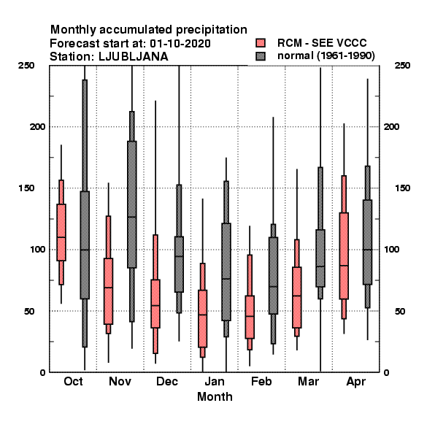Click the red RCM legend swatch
pyautogui.click(x=261, y=43)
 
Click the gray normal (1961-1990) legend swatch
pyautogui.click(x=261, y=56)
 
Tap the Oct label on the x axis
pyautogui.click(x=73, y=381)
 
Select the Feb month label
pyautogui.click(x=261, y=381)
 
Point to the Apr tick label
pyautogui.click(x=355, y=382)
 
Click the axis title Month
pyautogui.click(x=215, y=396)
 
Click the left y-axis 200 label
pyautogui.click(x=37, y=126)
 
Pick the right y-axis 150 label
pyautogui.click(x=402, y=188)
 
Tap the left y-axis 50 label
pyautogui.click(x=29, y=311)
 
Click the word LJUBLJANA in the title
pyautogui.click(x=134, y=57)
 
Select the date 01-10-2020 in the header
pyautogui.click(x=180, y=44)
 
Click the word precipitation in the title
pyautogui.click(x=209, y=30)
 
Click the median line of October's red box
pyautogui.click(x=61, y=237)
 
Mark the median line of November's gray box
pyautogui.click(x=132, y=217)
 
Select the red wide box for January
pyautogui.click(x=202, y=319)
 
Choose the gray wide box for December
pyautogui.click(x=179, y=264)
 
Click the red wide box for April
pyautogui.click(x=344, y=256)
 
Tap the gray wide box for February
pyautogui.click(x=273, y=276)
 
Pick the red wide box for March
pyautogui.click(x=297, y=298)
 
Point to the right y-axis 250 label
pyautogui.click(x=402, y=66)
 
